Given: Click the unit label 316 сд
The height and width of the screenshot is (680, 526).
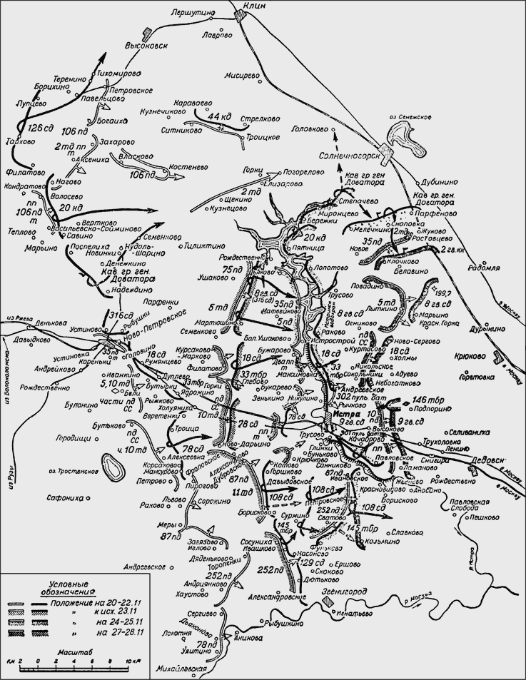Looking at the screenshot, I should [x=121, y=315].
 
